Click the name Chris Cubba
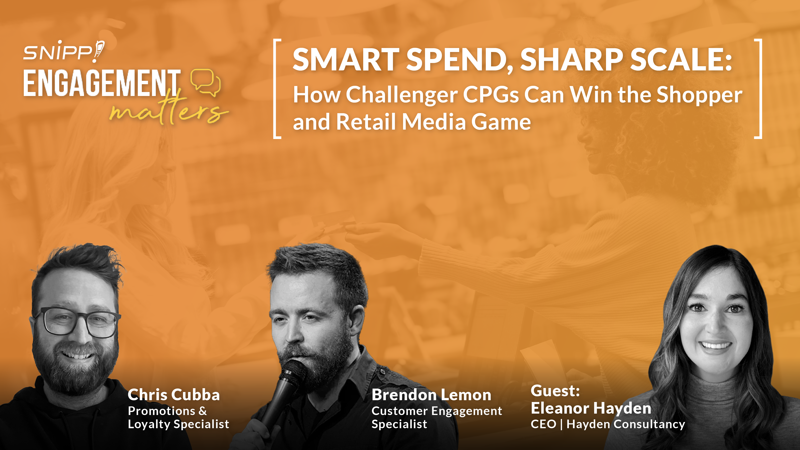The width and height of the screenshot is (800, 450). tap(174, 395)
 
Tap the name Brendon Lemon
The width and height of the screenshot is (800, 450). tap(431, 395)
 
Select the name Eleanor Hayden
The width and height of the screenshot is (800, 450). tap(591, 408)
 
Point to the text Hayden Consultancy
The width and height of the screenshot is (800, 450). tap(626, 424)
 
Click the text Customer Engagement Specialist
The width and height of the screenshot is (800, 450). tap(437, 417)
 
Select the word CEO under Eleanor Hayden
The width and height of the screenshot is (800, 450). tap(543, 424)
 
